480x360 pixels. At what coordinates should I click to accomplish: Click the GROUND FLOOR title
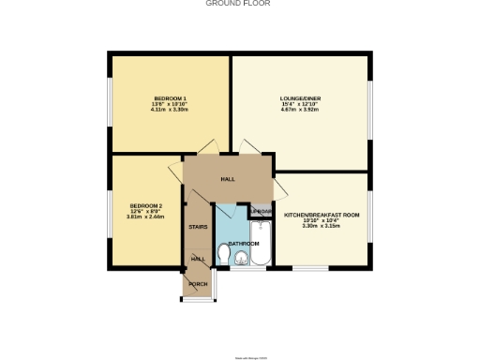click(x=238, y=4)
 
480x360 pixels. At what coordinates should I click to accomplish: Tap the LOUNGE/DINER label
click(x=301, y=98)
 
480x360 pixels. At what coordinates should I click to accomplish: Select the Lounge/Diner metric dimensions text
click(x=301, y=110)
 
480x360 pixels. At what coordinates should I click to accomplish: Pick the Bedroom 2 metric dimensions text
click(x=146, y=217)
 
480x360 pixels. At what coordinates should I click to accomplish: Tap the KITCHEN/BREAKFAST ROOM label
click(x=322, y=215)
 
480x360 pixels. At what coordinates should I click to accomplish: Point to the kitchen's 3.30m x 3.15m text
click(x=322, y=226)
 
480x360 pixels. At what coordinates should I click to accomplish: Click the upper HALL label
click(x=228, y=179)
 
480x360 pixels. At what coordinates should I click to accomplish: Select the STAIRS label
click(x=198, y=227)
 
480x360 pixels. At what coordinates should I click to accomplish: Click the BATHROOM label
click(x=243, y=243)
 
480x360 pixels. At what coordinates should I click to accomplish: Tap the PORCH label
click(x=198, y=284)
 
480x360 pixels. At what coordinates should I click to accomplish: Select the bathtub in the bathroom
click(x=262, y=243)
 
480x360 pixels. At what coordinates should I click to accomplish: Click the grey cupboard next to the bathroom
click(x=262, y=212)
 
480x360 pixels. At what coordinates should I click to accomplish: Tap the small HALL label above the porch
click(x=198, y=259)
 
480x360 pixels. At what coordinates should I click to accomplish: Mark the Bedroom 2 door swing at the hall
click(x=176, y=174)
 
